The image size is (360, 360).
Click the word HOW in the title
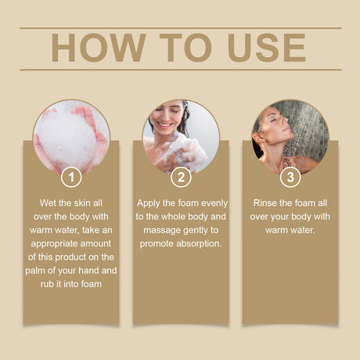[98, 48]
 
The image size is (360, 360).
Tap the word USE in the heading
[266, 48]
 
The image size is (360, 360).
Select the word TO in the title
[185, 48]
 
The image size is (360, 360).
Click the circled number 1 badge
[71, 178]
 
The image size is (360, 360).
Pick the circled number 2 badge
[181, 178]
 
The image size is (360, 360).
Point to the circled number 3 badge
[290, 178]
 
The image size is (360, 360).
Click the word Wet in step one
[48, 203]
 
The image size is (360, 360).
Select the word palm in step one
[35, 271]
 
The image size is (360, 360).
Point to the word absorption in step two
[199, 244]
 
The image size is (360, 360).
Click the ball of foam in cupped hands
[66, 139]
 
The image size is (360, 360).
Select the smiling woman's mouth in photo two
[165, 125]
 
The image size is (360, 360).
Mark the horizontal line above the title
[181, 27]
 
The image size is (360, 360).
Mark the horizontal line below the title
[181, 70]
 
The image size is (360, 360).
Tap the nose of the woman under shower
[285, 121]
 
